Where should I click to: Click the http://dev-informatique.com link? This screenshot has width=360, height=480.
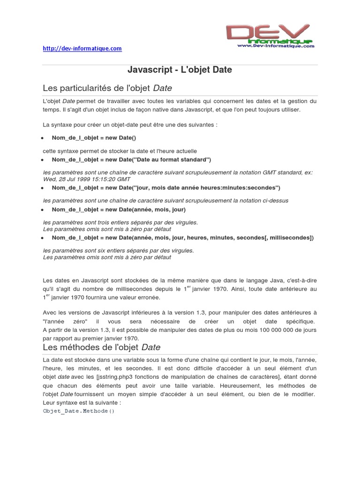point(82,48)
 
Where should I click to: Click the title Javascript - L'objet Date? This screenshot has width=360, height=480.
point(180,70)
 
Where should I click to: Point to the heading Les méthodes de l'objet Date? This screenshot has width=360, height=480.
point(102,347)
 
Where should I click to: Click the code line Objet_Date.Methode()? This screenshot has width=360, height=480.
point(79,411)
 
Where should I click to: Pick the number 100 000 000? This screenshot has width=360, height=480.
point(277,330)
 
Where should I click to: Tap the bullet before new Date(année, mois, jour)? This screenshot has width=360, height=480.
point(42,210)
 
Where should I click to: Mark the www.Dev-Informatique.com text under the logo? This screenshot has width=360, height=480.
point(275,46)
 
